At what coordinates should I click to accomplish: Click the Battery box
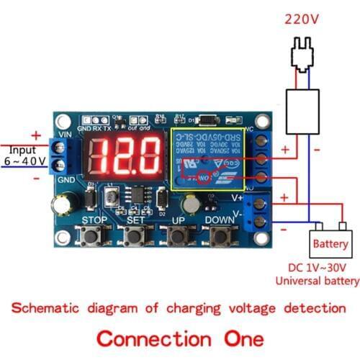point(330,244)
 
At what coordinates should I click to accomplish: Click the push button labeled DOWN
point(220,235)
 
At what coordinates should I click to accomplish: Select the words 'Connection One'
point(180,336)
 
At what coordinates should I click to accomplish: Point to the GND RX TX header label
point(96,127)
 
